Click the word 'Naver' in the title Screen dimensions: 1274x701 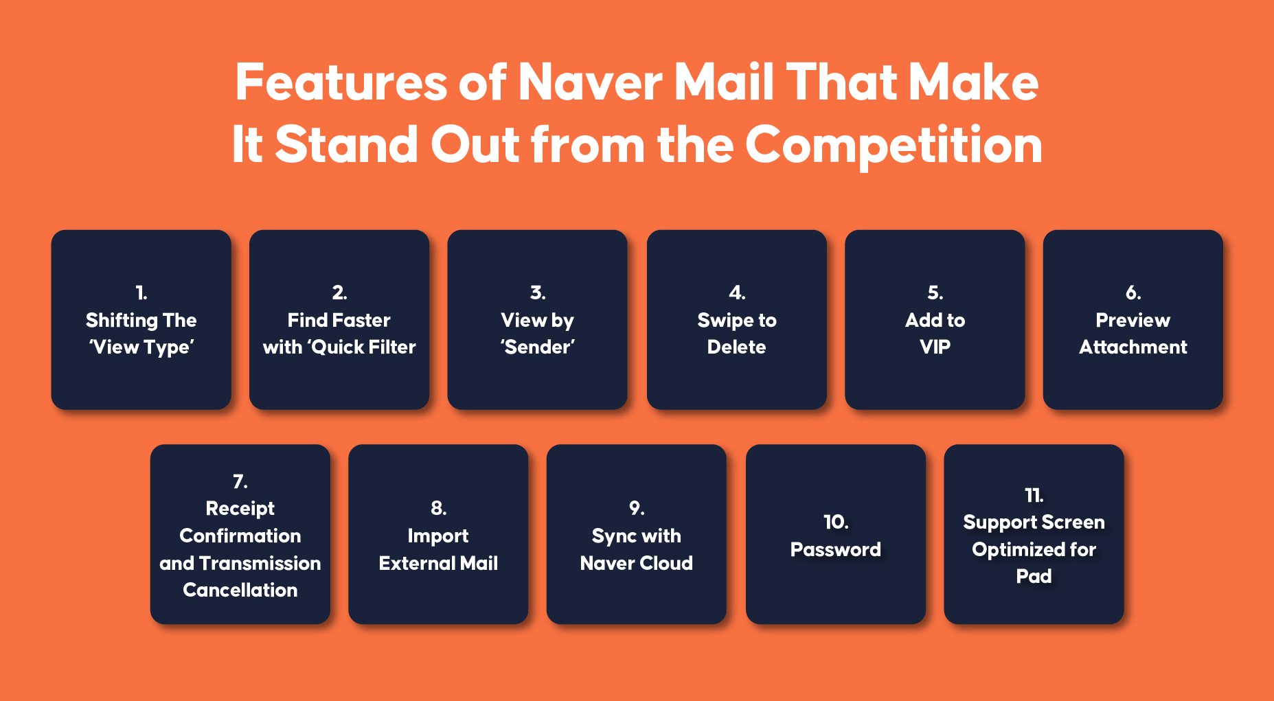[591, 82]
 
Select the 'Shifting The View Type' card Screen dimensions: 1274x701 [141, 320]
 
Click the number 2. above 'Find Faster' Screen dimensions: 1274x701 [339, 293]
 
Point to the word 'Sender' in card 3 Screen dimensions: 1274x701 [538, 347]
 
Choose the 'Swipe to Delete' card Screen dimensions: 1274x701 [736, 320]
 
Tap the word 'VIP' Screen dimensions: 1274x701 [935, 347]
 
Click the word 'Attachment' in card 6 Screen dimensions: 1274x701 [1133, 347]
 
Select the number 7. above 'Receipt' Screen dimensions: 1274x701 [240, 481]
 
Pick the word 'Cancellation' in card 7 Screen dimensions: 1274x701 [240, 590]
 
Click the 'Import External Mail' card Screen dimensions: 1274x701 [438, 534]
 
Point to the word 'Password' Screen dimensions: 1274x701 [836, 549]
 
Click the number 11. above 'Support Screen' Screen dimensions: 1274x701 [1034, 495]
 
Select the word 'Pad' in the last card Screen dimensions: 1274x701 [1034, 576]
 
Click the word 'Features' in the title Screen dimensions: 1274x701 [342, 82]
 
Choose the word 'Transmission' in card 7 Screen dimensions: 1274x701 [260, 563]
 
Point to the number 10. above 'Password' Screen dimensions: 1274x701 [836, 522]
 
